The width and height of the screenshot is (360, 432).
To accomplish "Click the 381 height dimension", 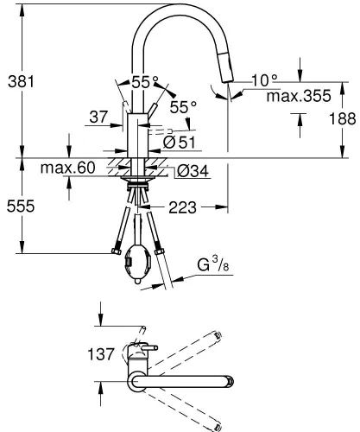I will (21, 82).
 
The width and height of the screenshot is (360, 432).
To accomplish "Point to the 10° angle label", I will (264, 80).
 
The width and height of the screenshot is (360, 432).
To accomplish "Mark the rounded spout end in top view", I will (227, 381).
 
